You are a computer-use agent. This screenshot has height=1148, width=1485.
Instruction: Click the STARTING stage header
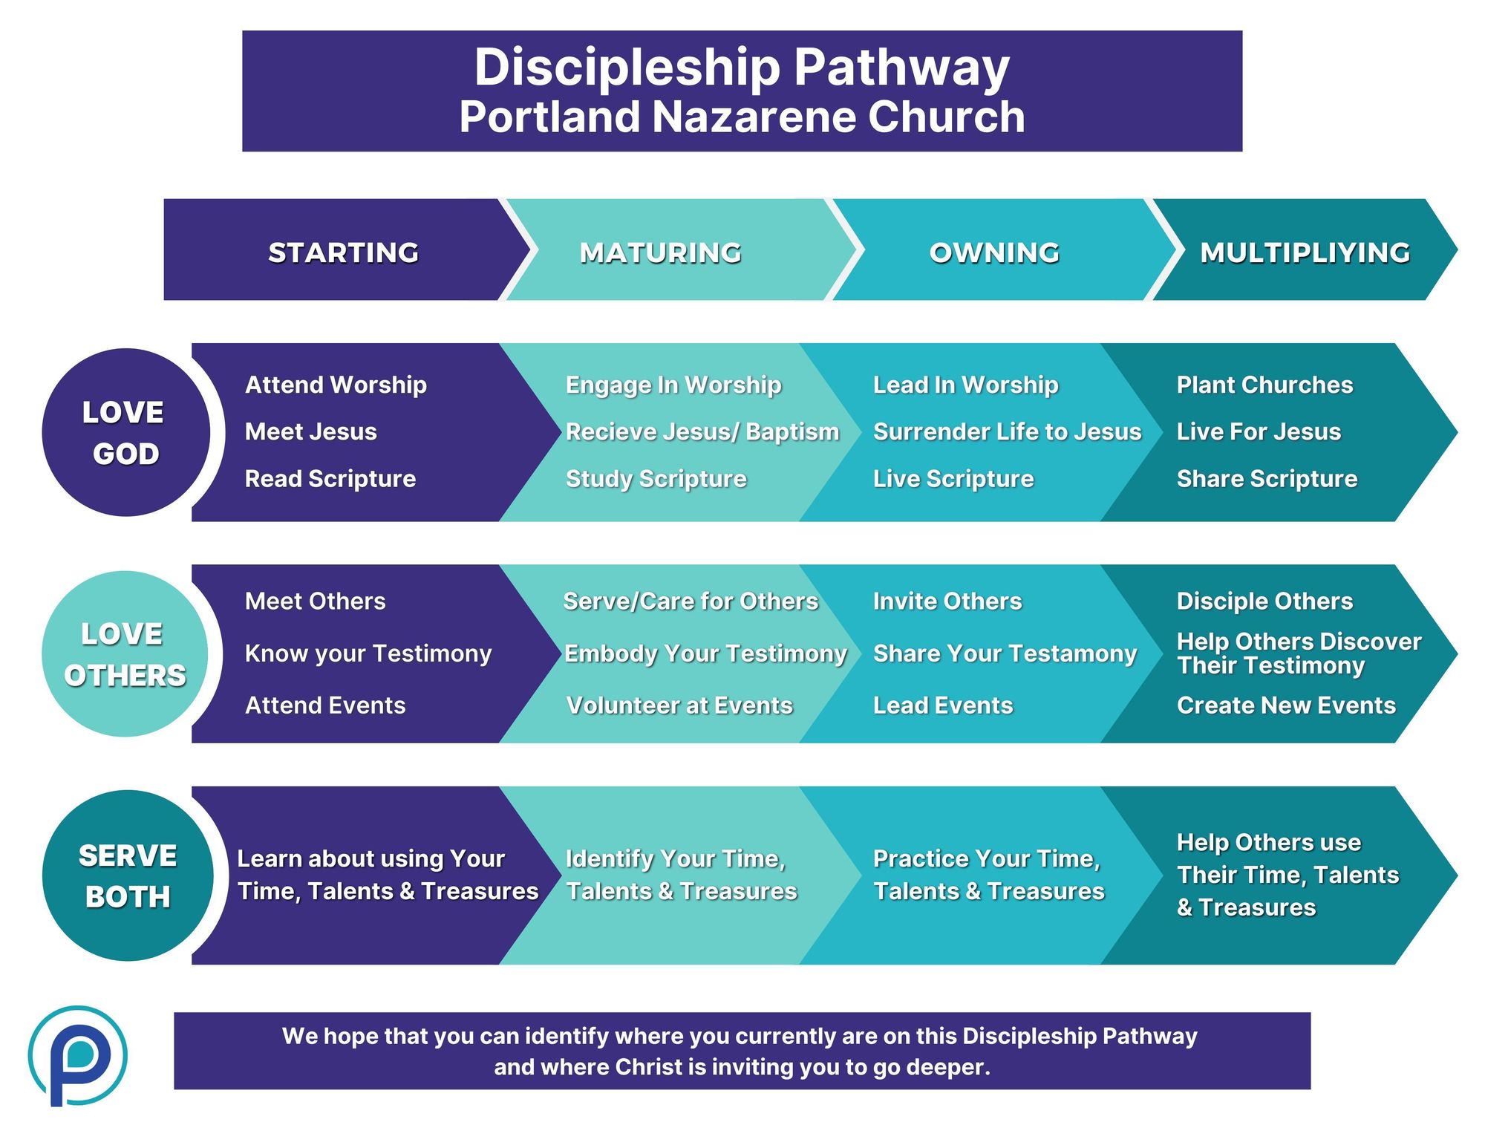pyautogui.click(x=343, y=252)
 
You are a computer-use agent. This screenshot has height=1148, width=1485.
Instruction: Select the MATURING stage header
pyautogui.click(x=661, y=252)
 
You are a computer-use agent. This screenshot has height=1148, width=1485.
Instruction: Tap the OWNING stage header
pyautogui.click(x=994, y=252)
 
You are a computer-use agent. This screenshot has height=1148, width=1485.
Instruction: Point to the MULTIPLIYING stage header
pyautogui.click(x=1305, y=252)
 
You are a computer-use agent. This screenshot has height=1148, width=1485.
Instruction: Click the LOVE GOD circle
pyautogui.click(x=125, y=432)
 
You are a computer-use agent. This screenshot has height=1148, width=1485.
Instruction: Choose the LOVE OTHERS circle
pyautogui.click(x=125, y=653)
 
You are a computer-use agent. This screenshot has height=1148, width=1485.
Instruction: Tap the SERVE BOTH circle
pyautogui.click(x=128, y=875)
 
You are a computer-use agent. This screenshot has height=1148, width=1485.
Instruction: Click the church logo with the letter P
pyautogui.click(x=77, y=1055)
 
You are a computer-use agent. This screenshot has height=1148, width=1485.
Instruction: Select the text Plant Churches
pyautogui.click(x=1264, y=385)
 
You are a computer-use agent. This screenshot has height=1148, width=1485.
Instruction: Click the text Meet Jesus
pyautogui.click(x=311, y=431)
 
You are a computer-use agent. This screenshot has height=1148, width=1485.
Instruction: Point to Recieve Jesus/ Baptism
pyautogui.click(x=702, y=431)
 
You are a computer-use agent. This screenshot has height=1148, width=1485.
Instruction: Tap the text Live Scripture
pyautogui.click(x=953, y=479)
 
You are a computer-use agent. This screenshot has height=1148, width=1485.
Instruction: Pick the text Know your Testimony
pyautogui.click(x=368, y=653)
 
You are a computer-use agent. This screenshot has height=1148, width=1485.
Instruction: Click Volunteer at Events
pyautogui.click(x=679, y=705)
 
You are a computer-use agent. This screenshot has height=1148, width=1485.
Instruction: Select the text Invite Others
pyautogui.click(x=947, y=601)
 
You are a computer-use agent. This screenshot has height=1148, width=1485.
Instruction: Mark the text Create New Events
pyautogui.click(x=1286, y=705)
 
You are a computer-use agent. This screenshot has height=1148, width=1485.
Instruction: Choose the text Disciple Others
pyautogui.click(x=1264, y=601)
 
